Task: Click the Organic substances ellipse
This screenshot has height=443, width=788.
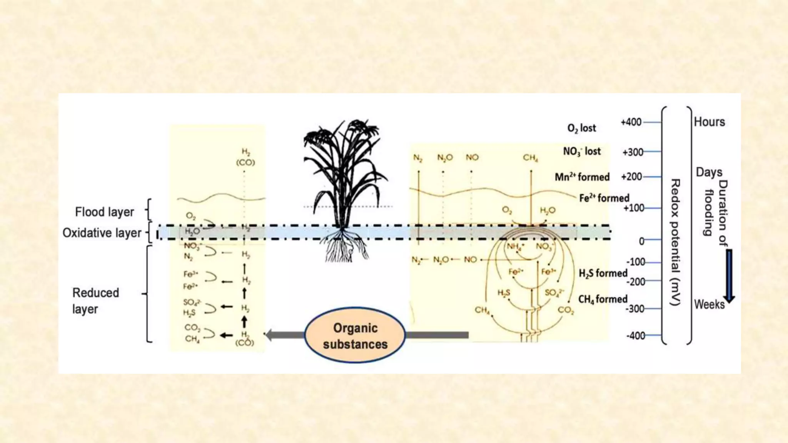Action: pyautogui.click(x=355, y=335)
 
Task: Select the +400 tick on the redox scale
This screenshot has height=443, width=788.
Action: pyautogui.click(x=631, y=122)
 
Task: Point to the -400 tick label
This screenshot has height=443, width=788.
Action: pyautogui.click(x=636, y=336)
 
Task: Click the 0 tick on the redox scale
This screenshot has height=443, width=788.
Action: pyautogui.click(x=641, y=241)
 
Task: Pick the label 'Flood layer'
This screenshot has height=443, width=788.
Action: pyautogui.click(x=104, y=212)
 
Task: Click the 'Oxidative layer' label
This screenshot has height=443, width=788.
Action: pyautogui.click(x=102, y=233)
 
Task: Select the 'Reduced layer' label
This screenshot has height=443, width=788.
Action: pyautogui.click(x=95, y=301)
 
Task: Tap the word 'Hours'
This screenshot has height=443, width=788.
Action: pyautogui.click(x=709, y=122)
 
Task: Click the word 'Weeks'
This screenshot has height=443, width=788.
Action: pyautogui.click(x=709, y=305)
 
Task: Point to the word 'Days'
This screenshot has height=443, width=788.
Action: pyautogui.click(x=709, y=172)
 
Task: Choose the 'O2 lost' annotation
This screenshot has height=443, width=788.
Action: pyautogui.click(x=581, y=128)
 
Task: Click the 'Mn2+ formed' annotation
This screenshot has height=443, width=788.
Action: pyautogui.click(x=582, y=177)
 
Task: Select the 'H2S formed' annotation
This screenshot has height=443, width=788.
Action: pyautogui.click(x=603, y=273)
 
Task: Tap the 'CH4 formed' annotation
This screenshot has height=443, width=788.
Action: pyautogui.click(x=603, y=299)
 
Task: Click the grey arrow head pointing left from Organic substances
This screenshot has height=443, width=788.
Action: pyautogui.click(x=272, y=335)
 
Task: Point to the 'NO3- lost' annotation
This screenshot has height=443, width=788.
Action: pyautogui.click(x=581, y=152)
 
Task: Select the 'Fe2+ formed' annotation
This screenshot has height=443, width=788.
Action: pyautogui.click(x=604, y=198)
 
